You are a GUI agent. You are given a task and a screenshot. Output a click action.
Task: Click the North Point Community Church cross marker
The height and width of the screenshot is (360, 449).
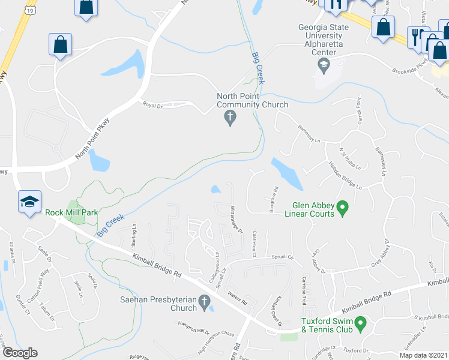229,118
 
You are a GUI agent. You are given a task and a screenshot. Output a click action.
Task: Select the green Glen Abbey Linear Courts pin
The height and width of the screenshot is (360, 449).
343,208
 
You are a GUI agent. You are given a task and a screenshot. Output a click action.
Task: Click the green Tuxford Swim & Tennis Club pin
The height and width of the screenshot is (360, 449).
361,324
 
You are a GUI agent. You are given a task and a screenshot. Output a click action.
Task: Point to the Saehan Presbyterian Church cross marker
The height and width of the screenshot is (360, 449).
204,304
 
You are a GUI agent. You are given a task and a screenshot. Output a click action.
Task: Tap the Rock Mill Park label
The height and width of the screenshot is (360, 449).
68,212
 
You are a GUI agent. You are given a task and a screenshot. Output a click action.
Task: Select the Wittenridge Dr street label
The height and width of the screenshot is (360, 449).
235,218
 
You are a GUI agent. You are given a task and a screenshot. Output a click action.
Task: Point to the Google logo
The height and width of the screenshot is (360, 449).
20,353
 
